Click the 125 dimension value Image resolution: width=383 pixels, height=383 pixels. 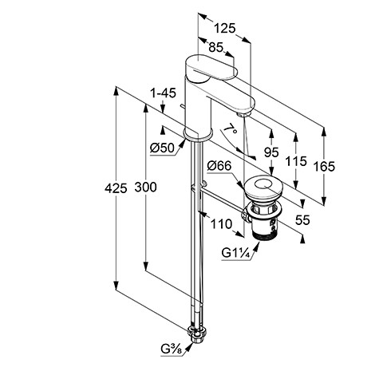225,28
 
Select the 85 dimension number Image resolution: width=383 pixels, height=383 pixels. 215,47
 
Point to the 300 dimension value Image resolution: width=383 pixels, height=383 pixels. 145,187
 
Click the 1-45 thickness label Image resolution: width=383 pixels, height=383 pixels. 164,93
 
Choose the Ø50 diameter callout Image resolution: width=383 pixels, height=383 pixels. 162,148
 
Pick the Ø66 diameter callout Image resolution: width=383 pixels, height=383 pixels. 219,166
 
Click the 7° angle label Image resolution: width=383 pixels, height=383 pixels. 231,129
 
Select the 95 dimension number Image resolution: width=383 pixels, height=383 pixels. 271,152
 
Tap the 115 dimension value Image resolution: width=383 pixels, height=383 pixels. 296,161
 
